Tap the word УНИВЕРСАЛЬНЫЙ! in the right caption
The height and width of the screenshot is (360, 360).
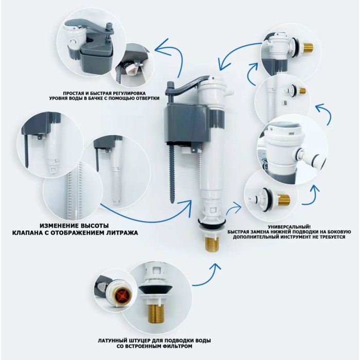[x=289, y=227]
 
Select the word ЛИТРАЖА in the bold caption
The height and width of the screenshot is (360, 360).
[x=124, y=233]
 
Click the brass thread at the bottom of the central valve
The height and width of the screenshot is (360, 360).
[x=212, y=244]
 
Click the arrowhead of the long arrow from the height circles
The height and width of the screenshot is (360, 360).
[x=188, y=206]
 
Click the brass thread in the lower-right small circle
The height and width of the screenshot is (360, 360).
[x=284, y=200]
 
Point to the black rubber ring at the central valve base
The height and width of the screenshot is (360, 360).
[x=212, y=222]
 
